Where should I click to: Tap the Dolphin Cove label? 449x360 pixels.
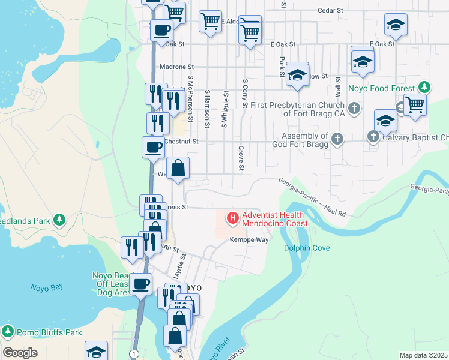[x=307, y=248]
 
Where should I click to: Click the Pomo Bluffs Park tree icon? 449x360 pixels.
[x=8, y=332]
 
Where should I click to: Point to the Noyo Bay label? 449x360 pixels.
[x=47, y=287]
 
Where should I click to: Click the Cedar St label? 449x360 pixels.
[x=330, y=10]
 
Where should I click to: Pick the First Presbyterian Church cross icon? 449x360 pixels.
[x=354, y=109]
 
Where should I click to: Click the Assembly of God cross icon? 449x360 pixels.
[x=337, y=140]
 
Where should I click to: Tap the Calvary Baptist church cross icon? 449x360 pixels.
[x=373, y=137]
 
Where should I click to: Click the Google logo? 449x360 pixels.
[x=20, y=353]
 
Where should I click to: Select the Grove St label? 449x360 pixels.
[x=240, y=158]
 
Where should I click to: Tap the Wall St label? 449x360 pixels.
[x=339, y=88]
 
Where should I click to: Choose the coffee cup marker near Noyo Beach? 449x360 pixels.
[x=141, y=284]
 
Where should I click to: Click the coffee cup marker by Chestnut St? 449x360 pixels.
[x=152, y=147]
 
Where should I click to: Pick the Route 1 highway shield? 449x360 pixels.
[x=134, y=354]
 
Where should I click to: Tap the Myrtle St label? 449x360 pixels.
[x=178, y=265]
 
